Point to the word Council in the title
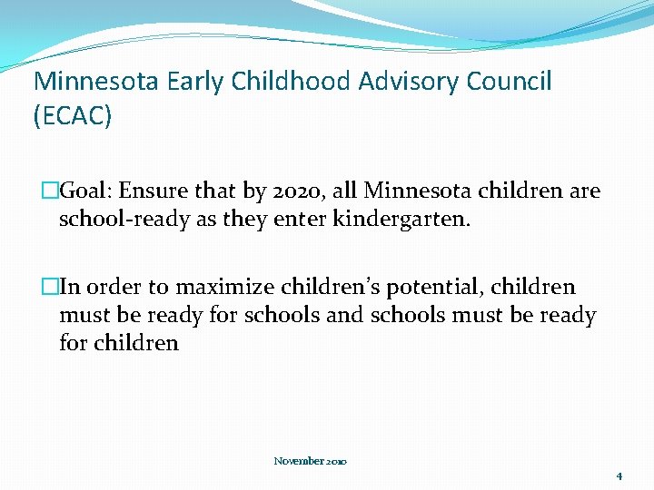509,82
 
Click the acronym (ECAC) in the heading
73,116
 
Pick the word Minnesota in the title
97,82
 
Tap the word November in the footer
300,461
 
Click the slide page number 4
619,475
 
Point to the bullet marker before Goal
50,191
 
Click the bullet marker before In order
50,288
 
